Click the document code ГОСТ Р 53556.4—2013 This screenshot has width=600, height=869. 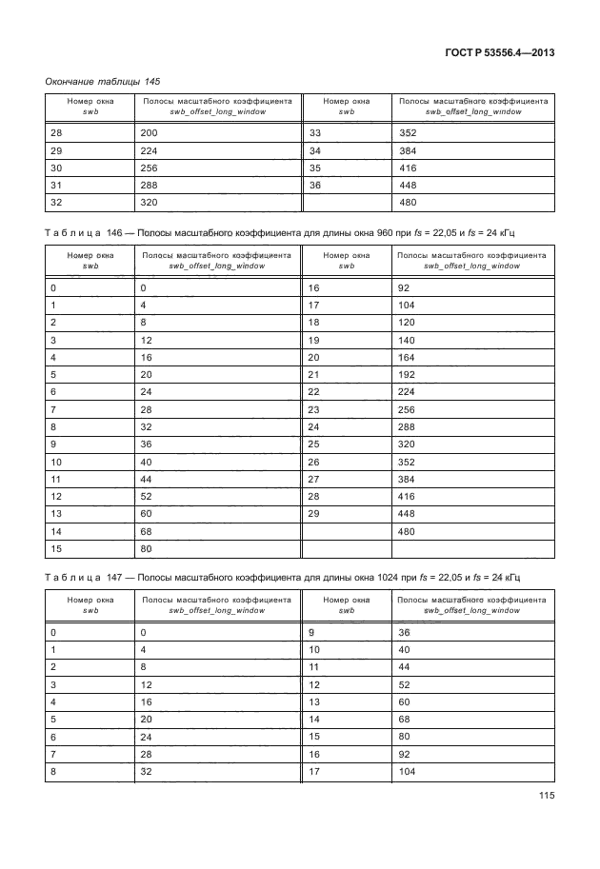pyautogui.click(x=499, y=52)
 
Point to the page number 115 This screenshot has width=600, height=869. pyautogui.click(x=545, y=796)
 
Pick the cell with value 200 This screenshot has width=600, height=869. pyautogui.click(x=149, y=133)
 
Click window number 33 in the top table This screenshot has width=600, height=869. pyautogui.click(x=316, y=133)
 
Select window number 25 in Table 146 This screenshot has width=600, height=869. pyautogui.click(x=316, y=444)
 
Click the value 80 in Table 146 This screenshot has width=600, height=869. pyautogui.click(x=146, y=549)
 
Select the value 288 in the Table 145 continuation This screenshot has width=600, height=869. pyautogui.click(x=149, y=185)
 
